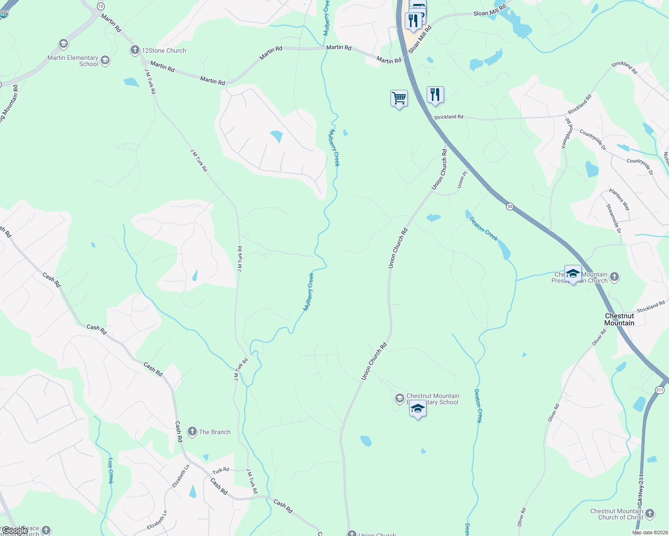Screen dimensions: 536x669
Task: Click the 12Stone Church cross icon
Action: (135, 50)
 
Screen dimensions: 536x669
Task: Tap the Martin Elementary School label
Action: (72, 61)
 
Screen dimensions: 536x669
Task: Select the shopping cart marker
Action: (399, 98)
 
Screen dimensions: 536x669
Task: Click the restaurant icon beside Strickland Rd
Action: (435, 95)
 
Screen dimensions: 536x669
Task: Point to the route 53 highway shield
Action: (510, 206)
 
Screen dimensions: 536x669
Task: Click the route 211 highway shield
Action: (660, 390)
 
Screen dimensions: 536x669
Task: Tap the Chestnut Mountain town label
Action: (619, 319)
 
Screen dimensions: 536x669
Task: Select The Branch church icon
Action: (192, 431)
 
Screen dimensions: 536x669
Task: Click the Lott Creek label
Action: (111, 470)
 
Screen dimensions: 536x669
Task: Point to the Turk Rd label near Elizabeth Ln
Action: (221, 470)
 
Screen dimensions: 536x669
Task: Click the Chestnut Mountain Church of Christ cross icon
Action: (650, 514)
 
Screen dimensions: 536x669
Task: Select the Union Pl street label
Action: (462, 180)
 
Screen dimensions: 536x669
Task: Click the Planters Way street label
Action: (619, 200)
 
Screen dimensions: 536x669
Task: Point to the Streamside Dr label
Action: (614, 218)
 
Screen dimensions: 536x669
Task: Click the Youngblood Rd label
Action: (568, 133)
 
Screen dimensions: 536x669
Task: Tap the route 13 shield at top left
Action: (101, 6)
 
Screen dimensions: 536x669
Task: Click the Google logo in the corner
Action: (14, 531)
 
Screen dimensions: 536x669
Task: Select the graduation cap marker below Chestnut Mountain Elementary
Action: (418, 409)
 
